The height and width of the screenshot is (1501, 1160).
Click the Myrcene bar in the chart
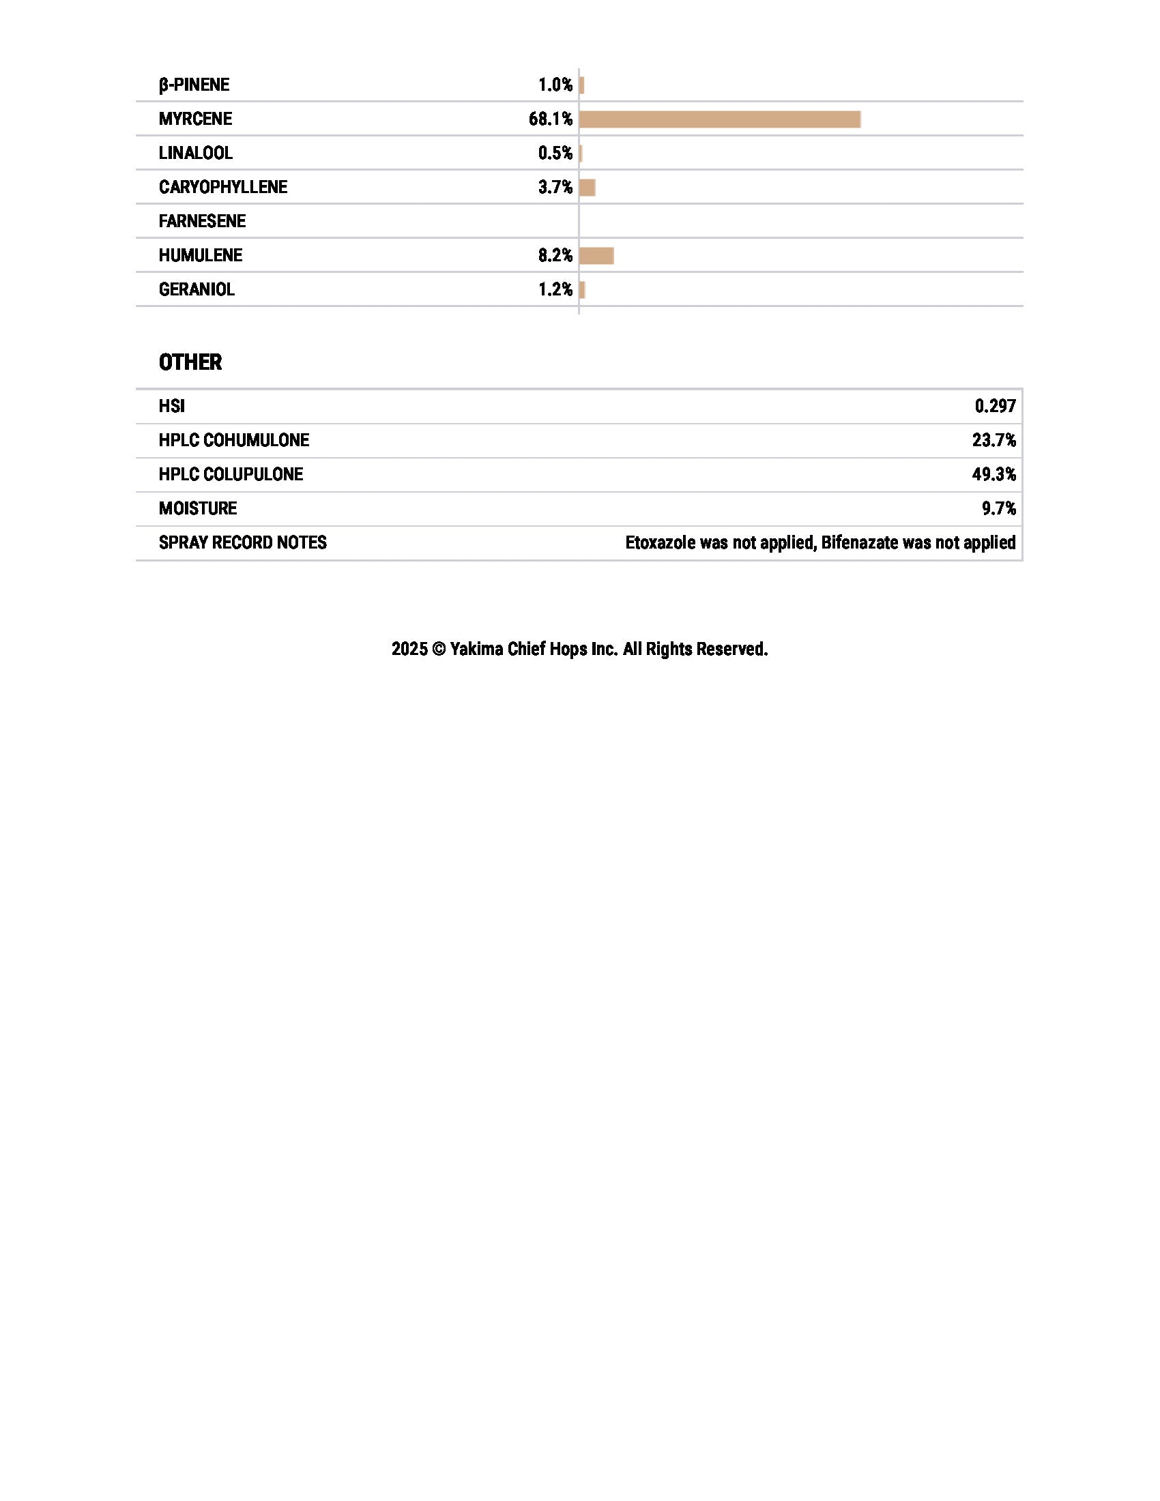click(x=719, y=119)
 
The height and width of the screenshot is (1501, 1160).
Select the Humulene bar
click(x=596, y=257)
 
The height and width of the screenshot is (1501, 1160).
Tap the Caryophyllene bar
click(x=588, y=188)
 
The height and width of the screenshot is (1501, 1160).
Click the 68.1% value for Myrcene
click(x=551, y=119)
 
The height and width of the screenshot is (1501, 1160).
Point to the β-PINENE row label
click(x=194, y=85)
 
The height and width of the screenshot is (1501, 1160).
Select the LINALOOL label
click(x=195, y=153)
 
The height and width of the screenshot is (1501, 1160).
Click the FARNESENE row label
click(x=202, y=221)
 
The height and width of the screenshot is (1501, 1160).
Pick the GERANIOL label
click(x=197, y=289)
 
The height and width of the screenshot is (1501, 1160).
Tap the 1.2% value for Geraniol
click(x=555, y=289)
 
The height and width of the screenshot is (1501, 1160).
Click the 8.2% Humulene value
click(x=555, y=256)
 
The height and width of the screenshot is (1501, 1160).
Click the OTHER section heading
click(x=190, y=362)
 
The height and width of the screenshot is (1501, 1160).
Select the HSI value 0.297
click(x=995, y=406)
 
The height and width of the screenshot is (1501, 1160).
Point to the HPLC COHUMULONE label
click(x=233, y=441)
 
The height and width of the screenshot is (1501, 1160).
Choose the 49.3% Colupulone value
click(x=994, y=474)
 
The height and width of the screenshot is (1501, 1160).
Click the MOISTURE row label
click(x=198, y=508)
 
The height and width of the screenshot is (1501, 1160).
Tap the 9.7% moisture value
click(x=998, y=508)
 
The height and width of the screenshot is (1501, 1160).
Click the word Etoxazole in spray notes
click(x=660, y=543)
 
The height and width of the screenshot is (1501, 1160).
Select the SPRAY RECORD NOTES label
click(x=243, y=543)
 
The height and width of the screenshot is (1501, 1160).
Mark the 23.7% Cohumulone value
click(x=994, y=441)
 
